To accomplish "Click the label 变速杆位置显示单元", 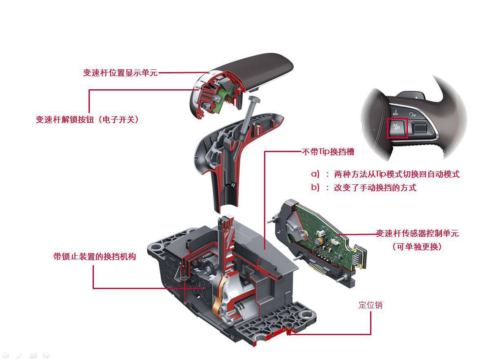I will click(x=120, y=73).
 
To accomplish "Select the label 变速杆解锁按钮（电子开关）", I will click(x=87, y=119).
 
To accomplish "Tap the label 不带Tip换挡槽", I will click(x=328, y=152).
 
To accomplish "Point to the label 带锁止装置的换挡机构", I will click(x=94, y=256).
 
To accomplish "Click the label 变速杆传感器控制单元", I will click(x=417, y=234).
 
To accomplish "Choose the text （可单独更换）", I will click(x=417, y=247).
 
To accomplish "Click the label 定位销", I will click(x=370, y=305).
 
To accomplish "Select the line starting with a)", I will click(x=385, y=174).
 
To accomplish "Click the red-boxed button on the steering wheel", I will click(x=397, y=128).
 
